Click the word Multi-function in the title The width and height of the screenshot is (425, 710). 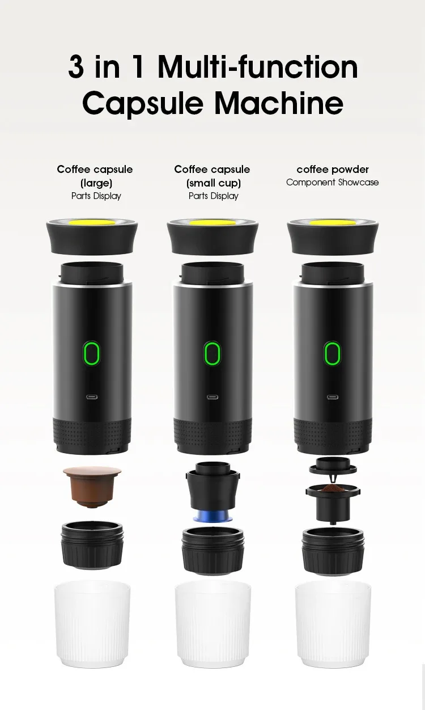click(x=258, y=67)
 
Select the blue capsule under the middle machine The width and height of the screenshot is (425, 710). click(x=212, y=515)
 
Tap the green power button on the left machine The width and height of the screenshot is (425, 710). click(x=92, y=354)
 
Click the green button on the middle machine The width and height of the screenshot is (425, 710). click(x=212, y=354)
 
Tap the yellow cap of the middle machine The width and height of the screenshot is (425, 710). click(x=212, y=223)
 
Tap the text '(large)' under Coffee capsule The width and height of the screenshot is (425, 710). click(x=96, y=183)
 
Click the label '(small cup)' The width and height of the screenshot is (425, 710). click(x=213, y=183)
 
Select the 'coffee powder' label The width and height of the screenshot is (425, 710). click(x=333, y=169)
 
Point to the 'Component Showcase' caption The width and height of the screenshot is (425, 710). click(x=333, y=182)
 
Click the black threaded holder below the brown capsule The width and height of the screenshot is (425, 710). click(x=92, y=544)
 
